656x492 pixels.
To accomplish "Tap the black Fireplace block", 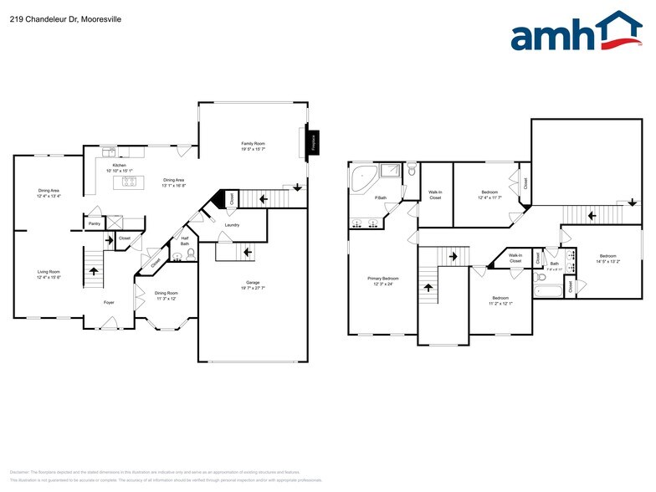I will pyautogui.click(x=314, y=144).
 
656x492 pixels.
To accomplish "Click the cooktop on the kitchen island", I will pyautogui.click(x=129, y=182).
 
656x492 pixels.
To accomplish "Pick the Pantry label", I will pyautogui.click(x=94, y=223).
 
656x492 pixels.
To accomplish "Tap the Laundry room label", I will pyautogui.click(x=232, y=224).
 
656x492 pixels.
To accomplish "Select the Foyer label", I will pyautogui.click(x=109, y=302).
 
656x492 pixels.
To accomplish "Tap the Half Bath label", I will pyautogui.click(x=184, y=241).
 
